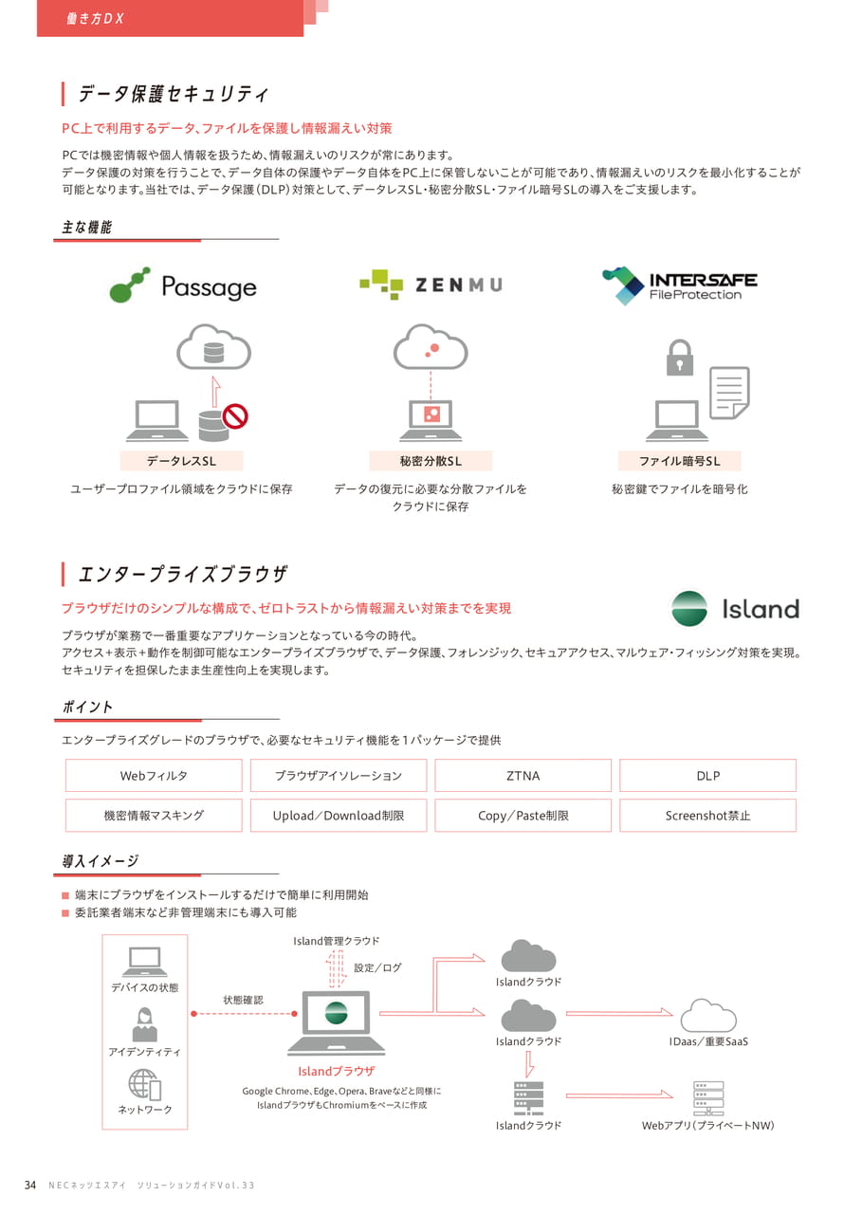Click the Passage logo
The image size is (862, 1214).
(x=183, y=285)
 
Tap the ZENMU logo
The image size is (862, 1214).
(x=431, y=285)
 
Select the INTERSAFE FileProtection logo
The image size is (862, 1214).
(x=679, y=285)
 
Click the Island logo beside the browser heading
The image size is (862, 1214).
(x=735, y=609)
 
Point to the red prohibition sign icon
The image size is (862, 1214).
(x=235, y=416)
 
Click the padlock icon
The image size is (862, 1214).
(x=679, y=358)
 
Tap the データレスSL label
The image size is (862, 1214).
(x=181, y=461)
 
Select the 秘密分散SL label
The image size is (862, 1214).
(x=431, y=461)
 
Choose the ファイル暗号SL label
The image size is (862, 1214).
(x=679, y=461)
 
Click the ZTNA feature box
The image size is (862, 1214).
(x=523, y=776)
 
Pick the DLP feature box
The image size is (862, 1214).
(x=707, y=776)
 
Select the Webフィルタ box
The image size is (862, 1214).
(x=154, y=776)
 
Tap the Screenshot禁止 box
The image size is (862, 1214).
(x=707, y=815)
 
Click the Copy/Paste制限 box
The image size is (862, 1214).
(x=523, y=815)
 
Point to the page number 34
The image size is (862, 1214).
(x=30, y=1186)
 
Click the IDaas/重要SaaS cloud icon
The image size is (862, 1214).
(x=708, y=1016)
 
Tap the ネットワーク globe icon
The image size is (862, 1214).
(x=145, y=1084)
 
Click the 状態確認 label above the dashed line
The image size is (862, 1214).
(x=244, y=1000)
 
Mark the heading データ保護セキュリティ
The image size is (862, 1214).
(x=174, y=94)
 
